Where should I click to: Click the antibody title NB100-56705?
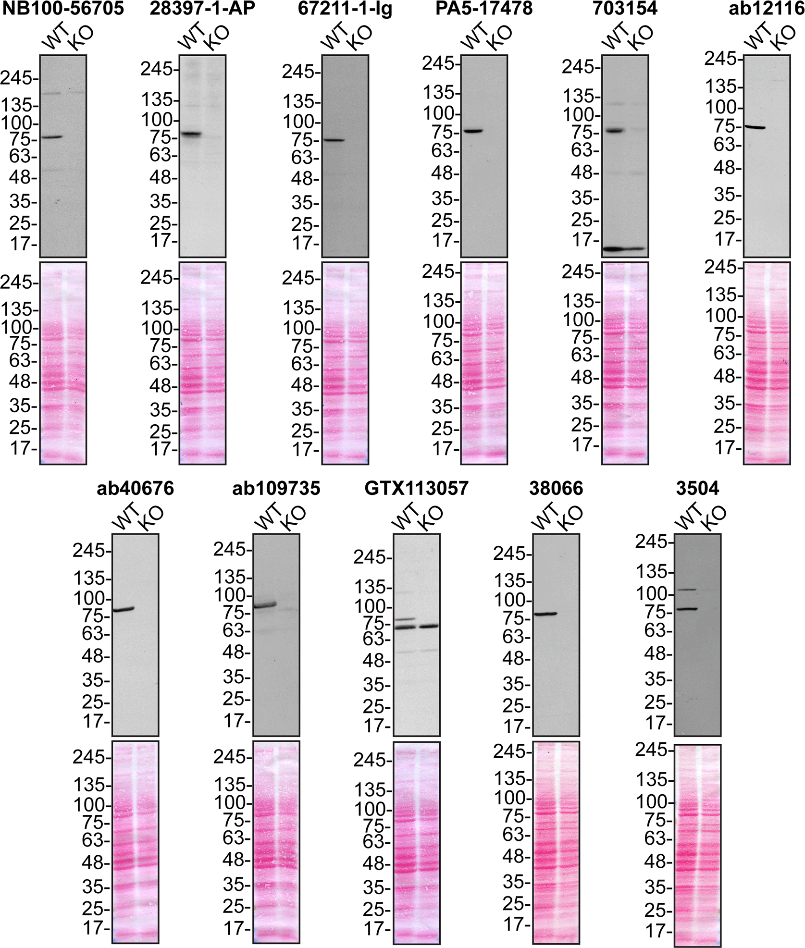coord(63,9)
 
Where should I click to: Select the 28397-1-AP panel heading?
coord(202,9)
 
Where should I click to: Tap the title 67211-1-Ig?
coord(345,9)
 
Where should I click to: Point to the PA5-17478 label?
coord(484,9)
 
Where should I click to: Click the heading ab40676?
coord(135,488)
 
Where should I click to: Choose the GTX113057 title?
coord(416,488)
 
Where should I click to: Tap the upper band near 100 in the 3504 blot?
coord(686,589)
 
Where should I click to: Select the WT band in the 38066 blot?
coord(545,614)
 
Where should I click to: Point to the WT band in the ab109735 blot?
coord(265,605)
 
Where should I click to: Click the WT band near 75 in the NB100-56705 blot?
coord(51,137)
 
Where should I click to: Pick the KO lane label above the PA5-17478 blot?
coord(499,37)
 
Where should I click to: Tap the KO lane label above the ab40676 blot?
coord(151,518)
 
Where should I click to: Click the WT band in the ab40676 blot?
coord(124,609)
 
